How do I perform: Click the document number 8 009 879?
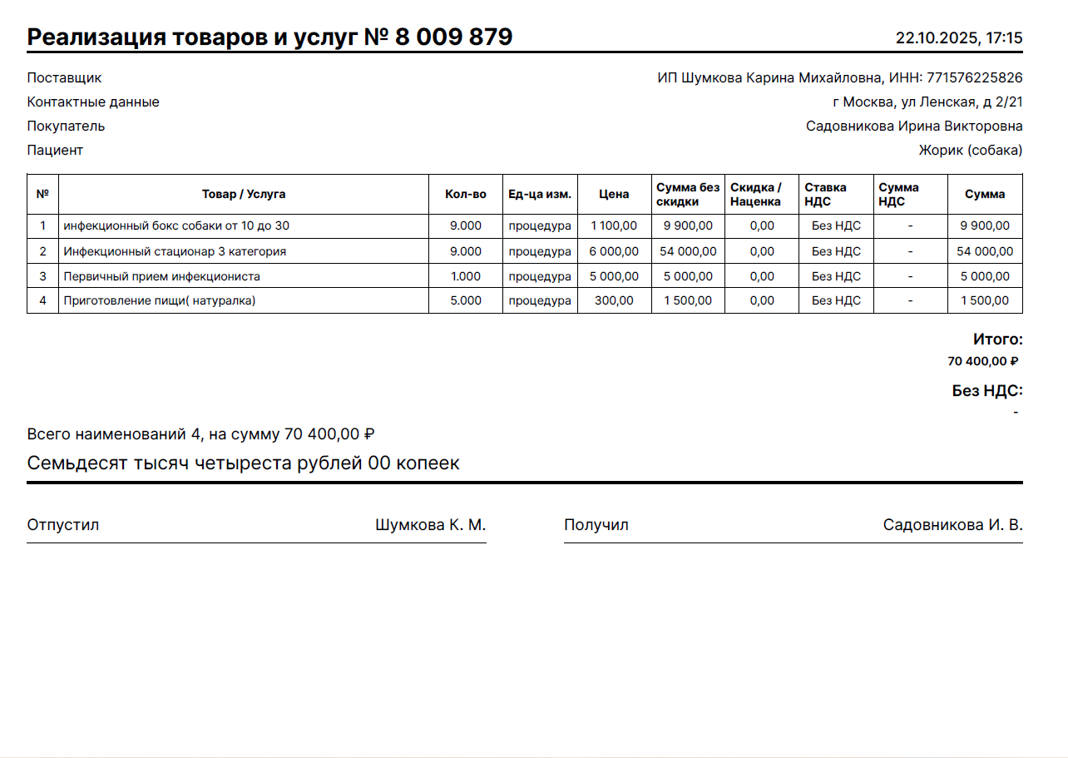coord(453,37)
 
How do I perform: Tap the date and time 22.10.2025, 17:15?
coord(958,38)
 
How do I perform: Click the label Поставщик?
coord(64,78)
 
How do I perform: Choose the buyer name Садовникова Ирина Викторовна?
coord(913,126)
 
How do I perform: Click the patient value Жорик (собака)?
coord(970,151)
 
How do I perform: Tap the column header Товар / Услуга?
coord(244,194)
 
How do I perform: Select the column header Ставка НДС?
coord(825,194)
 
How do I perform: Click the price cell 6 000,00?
coord(614,251)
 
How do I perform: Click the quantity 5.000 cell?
coord(465,300)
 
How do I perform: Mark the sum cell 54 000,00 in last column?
coord(985,251)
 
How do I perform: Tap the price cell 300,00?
coord(615,300)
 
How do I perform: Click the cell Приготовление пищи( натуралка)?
coord(160,300)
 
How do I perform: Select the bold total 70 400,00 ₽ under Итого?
coord(982,361)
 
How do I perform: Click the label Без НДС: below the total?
coord(987,390)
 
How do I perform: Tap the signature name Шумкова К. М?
coord(430,525)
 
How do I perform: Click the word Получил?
coord(596,525)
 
